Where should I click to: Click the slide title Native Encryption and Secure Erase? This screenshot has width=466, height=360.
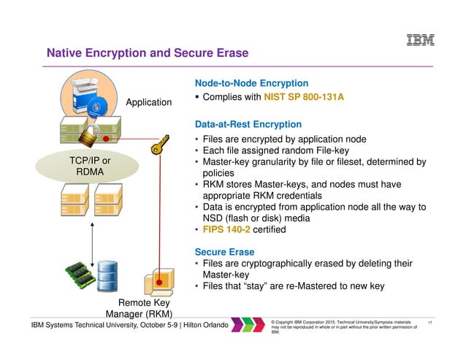(x=148, y=53)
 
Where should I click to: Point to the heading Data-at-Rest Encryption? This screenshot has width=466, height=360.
(x=248, y=125)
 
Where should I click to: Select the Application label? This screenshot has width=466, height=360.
(x=149, y=102)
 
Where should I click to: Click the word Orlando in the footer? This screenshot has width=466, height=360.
(x=213, y=324)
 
